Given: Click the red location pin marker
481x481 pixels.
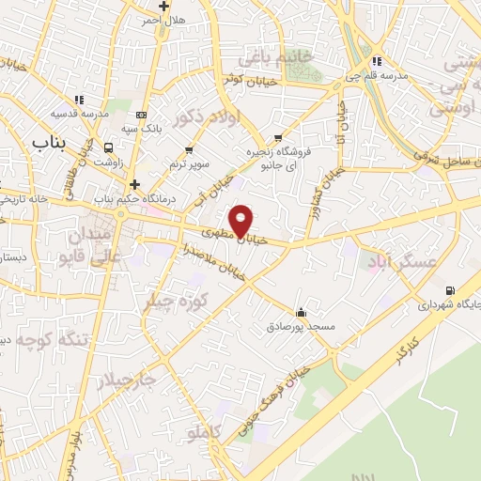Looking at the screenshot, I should pyautogui.click(x=241, y=220).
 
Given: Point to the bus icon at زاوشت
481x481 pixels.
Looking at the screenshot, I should pyautogui.click(x=109, y=147).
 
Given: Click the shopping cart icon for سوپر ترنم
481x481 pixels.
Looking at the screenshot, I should pyautogui.click(x=191, y=149).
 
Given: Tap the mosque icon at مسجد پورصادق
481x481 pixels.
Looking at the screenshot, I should pyautogui.click(x=301, y=312).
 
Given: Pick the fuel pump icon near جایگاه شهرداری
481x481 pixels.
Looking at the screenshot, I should pyautogui.click(x=450, y=290).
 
